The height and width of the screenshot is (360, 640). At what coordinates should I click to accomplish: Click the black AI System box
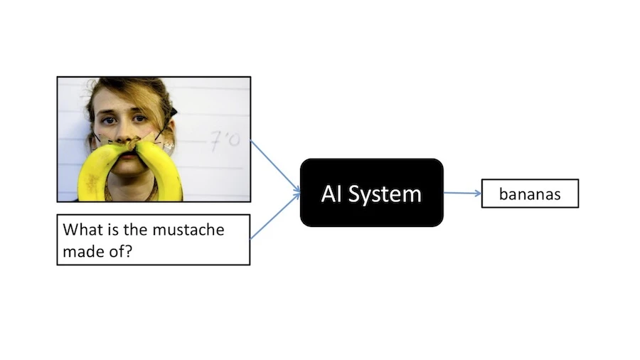click(x=371, y=193)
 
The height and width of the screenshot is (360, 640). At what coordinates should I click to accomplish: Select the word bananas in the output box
click(x=530, y=194)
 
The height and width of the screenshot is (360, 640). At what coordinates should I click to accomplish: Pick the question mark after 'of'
click(x=129, y=251)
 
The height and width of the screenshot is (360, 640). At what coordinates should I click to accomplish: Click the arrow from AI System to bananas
click(x=462, y=193)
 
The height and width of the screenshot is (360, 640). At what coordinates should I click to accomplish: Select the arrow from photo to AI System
click(x=275, y=166)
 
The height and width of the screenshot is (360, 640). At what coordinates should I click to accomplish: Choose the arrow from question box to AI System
click(x=275, y=216)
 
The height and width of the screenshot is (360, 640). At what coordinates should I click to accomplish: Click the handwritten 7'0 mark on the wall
click(x=225, y=140)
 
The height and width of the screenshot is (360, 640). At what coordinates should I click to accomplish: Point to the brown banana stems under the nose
click(x=132, y=143)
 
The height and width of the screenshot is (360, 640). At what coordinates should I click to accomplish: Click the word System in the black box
click(x=385, y=194)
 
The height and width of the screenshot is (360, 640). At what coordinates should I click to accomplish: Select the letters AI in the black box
click(x=331, y=194)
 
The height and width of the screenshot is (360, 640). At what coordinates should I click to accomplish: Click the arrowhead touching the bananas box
click(x=478, y=194)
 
